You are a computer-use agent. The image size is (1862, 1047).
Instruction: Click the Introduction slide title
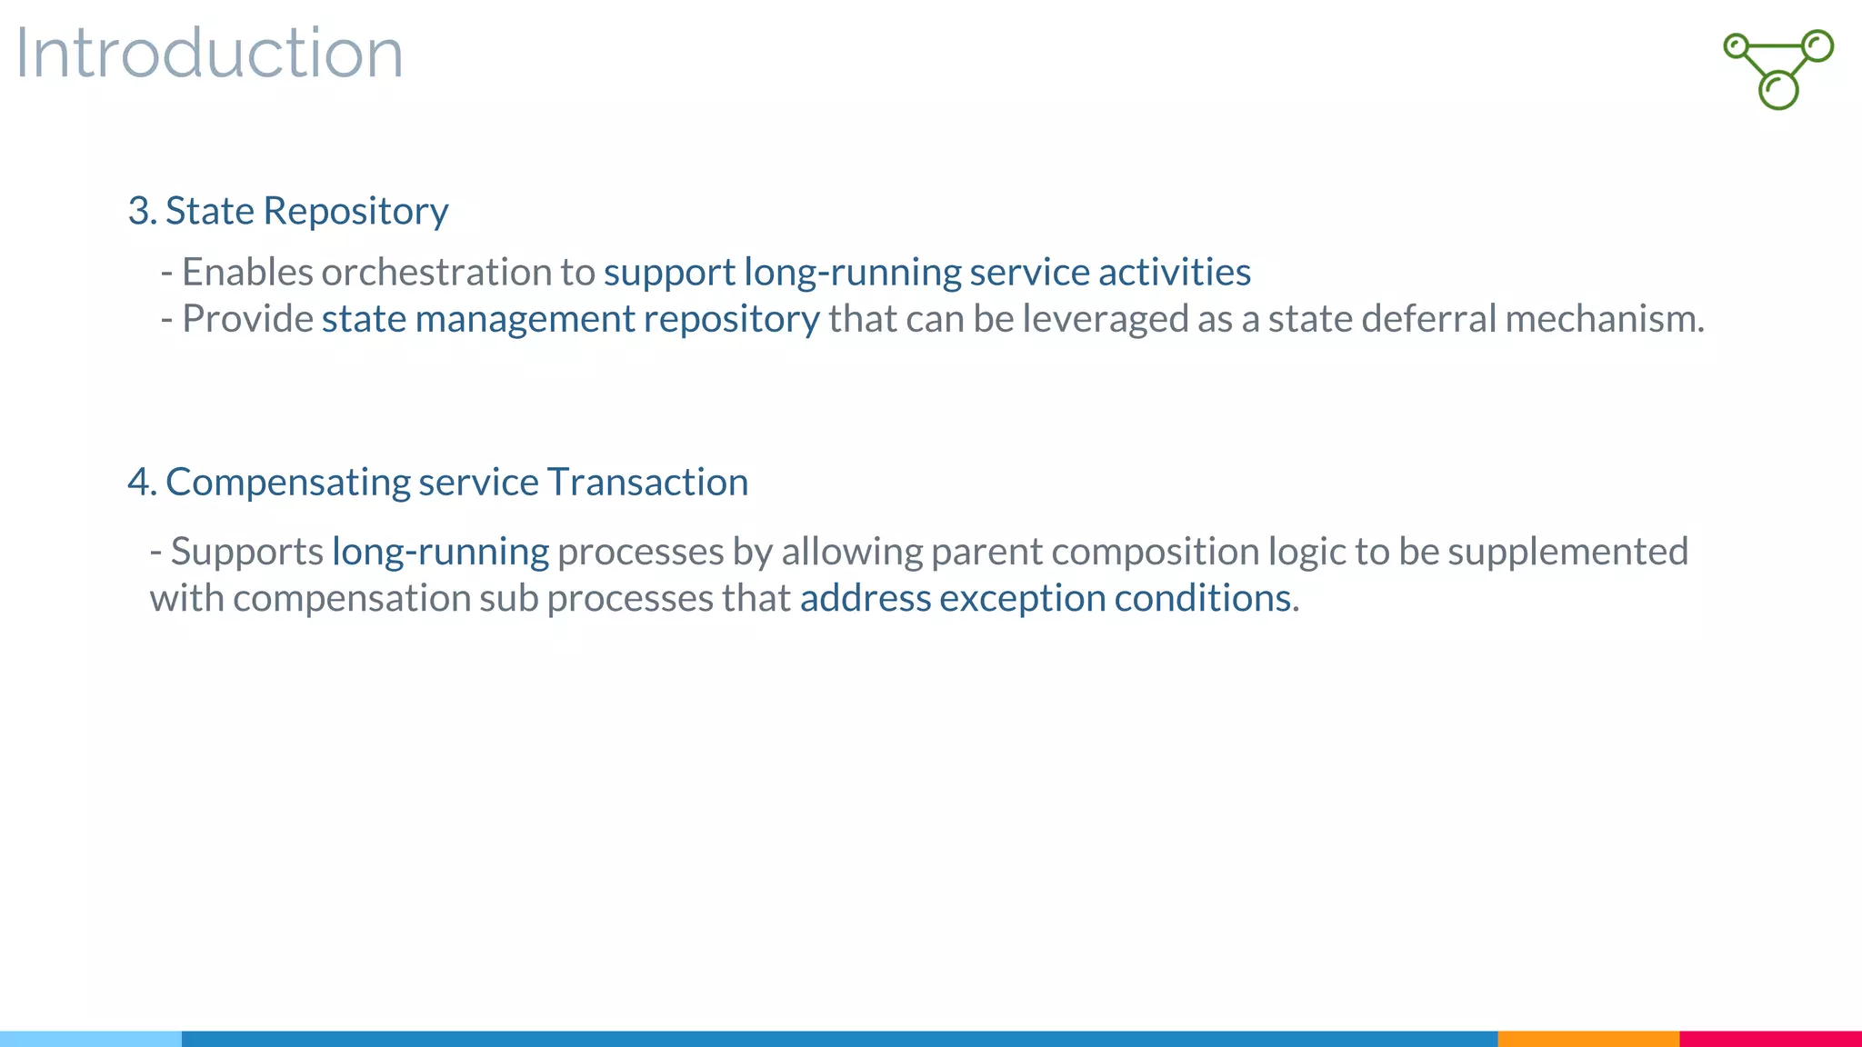click(x=209, y=53)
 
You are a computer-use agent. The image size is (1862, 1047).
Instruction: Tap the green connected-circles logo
click(x=1778, y=69)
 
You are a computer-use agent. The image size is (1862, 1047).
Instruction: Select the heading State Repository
click(x=288, y=211)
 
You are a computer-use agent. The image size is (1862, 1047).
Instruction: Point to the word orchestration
click(x=435, y=272)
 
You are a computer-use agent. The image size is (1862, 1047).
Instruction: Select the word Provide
click(x=247, y=319)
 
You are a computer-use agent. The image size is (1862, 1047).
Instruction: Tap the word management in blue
click(x=525, y=319)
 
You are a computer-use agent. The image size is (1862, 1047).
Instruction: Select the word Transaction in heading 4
click(x=647, y=483)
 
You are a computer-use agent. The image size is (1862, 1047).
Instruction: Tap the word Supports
click(x=246, y=552)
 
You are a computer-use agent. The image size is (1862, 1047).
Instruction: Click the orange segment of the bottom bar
click(x=1587, y=1038)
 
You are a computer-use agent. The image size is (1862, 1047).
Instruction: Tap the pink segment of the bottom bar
click(x=1770, y=1038)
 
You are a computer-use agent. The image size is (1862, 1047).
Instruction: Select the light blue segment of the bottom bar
click(x=91, y=1038)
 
